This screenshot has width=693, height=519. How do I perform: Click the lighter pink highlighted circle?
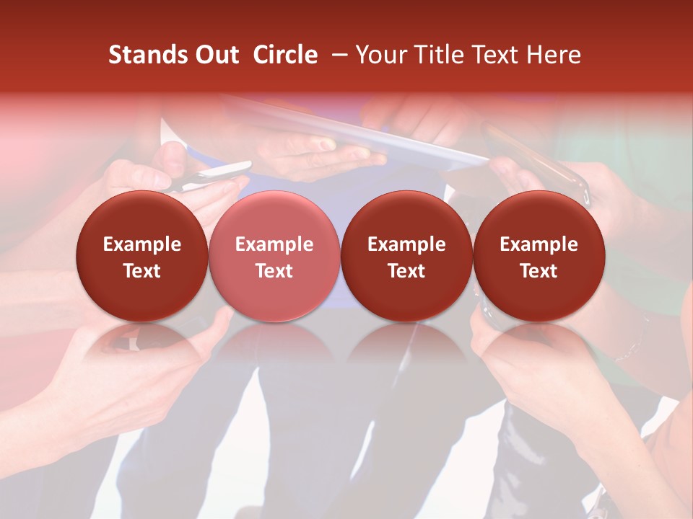tap(274, 256)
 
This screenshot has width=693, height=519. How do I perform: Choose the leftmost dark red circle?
tap(141, 256)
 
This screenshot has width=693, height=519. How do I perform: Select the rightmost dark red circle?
tap(539, 256)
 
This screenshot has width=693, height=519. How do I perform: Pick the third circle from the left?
tap(406, 256)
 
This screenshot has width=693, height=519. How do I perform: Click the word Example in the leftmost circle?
tap(141, 244)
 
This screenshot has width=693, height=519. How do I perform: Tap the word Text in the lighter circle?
tap(274, 271)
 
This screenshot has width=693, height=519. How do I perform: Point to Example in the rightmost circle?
tap(539, 244)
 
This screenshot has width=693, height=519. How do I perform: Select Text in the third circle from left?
tap(406, 271)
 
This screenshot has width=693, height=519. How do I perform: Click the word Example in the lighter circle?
tap(274, 244)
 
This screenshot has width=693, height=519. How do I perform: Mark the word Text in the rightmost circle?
tap(539, 271)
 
